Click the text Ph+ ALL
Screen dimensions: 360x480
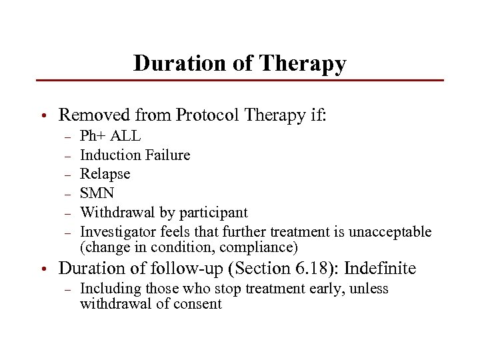pyautogui.click(x=110, y=136)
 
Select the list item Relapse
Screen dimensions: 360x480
pyautogui.click(x=105, y=174)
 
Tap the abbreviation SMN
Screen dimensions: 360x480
pyautogui.click(x=97, y=193)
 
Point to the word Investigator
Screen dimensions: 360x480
pyautogui.click(x=116, y=232)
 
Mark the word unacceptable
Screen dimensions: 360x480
pyautogui.click(x=393, y=232)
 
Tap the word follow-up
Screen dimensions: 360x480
pyautogui.click(x=183, y=269)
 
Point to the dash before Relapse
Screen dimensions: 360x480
pyautogui.click(x=67, y=174)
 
